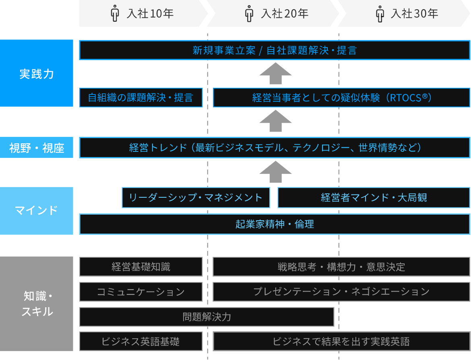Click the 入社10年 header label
pos(150,14)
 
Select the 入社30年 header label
pos(414,14)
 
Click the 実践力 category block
pos(37,73)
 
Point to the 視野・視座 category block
pos(37,148)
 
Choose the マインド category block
pos(37,210)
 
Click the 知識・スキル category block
pos(37,304)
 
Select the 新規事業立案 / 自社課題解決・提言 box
pos(275,50)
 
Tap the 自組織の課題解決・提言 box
pos(141,97)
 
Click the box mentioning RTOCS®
pos(341,97)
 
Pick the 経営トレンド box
pos(275,148)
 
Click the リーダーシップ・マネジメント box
pos(196,197)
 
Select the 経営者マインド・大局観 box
pos(374,197)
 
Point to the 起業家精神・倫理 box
pos(275,224)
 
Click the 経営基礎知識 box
pos(141,267)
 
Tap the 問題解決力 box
pos(207,317)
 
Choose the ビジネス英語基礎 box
pos(141,341)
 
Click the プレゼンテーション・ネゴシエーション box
pos(341,292)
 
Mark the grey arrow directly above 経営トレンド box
pos(275,121)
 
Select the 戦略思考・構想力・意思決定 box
pos(341,267)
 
